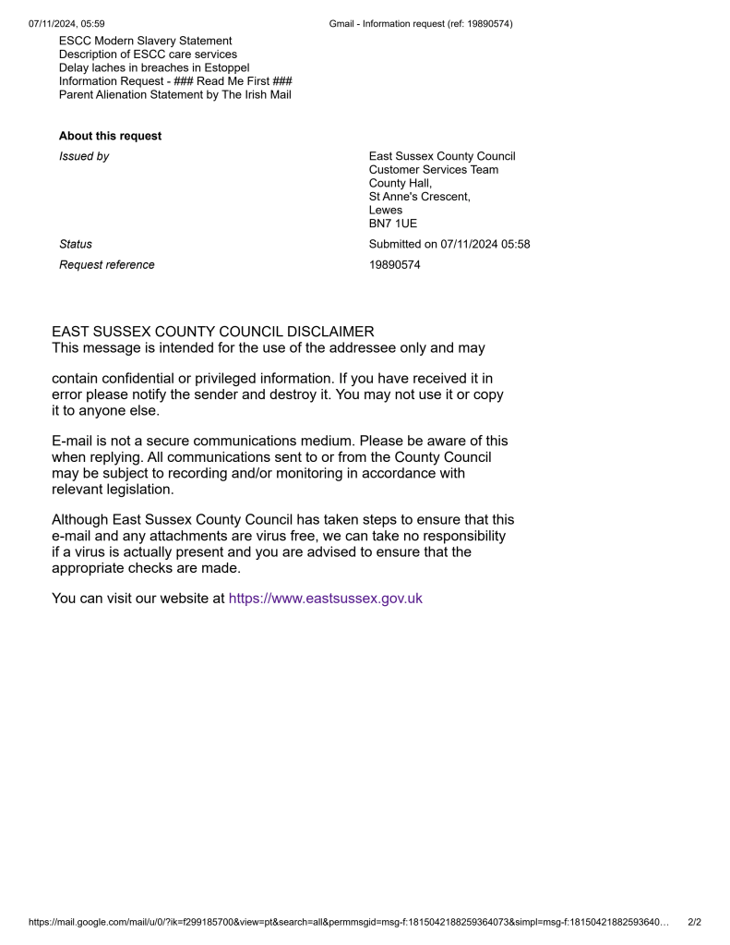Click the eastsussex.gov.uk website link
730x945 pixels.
[325, 599]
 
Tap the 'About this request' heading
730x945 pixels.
[110, 136]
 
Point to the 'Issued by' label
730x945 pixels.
[84, 156]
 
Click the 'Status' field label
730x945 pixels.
[76, 245]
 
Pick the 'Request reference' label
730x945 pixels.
[107, 265]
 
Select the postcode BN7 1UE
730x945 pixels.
[393, 224]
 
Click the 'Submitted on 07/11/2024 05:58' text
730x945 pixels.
[449, 245]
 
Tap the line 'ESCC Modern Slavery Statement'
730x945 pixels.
[146, 41]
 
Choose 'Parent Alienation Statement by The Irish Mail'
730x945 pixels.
[175, 94]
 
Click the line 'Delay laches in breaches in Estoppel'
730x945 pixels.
[154, 67]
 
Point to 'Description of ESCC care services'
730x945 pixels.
[148, 55]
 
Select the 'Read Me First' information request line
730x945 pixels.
[175, 81]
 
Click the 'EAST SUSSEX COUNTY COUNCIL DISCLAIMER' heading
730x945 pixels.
[213, 332]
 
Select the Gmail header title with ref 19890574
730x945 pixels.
[421, 24]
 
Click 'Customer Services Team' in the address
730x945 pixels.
[434, 170]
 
